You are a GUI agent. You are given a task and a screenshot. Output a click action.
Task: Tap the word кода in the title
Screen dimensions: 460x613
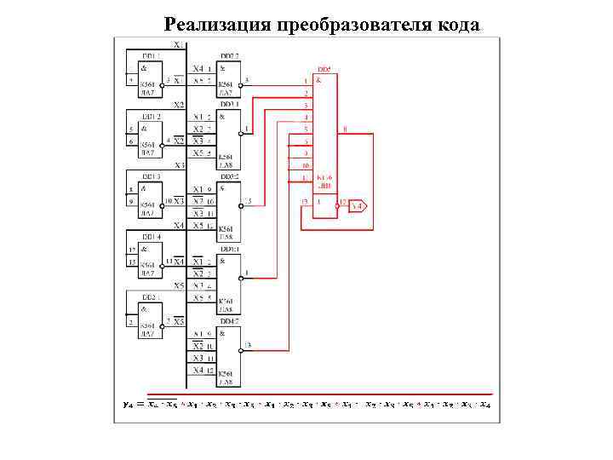click(457, 23)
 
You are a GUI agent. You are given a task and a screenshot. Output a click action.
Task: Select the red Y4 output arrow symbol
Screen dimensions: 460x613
click(358, 205)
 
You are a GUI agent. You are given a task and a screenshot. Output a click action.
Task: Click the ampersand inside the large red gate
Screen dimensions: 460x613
click(318, 80)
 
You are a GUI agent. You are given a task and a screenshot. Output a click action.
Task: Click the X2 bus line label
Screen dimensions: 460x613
click(179, 105)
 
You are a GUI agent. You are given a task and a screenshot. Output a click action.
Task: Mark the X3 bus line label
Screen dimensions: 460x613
click(179, 165)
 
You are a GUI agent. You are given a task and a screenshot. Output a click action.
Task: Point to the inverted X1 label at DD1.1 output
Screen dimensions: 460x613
click(179, 81)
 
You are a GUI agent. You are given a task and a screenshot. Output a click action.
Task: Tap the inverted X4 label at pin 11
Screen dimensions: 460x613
click(179, 261)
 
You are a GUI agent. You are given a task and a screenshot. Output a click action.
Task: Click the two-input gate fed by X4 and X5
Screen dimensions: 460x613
click(228, 76)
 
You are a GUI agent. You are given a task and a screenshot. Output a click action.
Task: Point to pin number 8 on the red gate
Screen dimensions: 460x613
click(344, 129)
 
